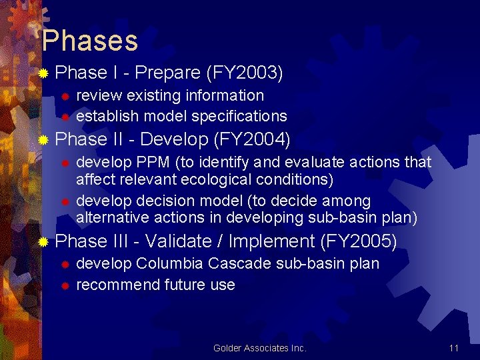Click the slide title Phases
pyautogui.click(x=89, y=41)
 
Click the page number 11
pyautogui.click(x=453, y=348)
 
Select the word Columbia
pyautogui.click(x=169, y=263)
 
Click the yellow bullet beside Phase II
pyautogui.click(x=44, y=140)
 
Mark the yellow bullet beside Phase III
pyautogui.click(x=44, y=241)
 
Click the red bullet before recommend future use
pyautogui.click(x=65, y=286)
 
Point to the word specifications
pyautogui.click(x=239, y=116)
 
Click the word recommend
pyautogui.click(x=114, y=285)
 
